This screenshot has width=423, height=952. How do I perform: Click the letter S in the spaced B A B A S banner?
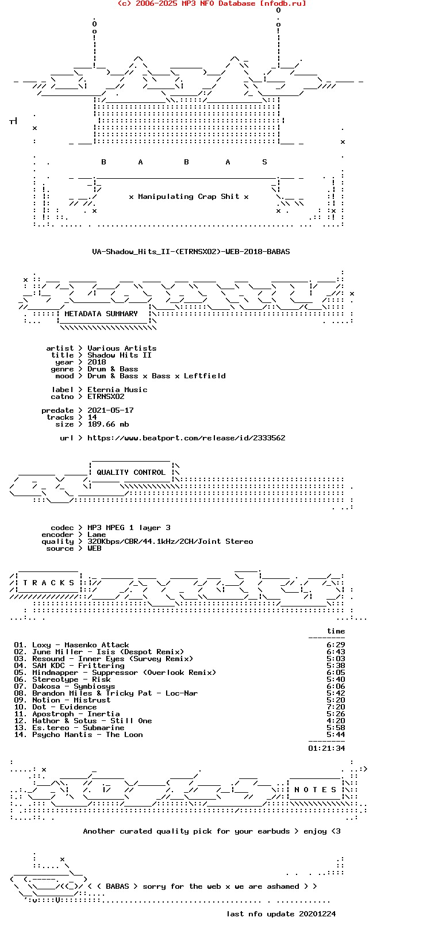[x=264, y=162]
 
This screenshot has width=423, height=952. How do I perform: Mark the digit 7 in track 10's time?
[x=329, y=707]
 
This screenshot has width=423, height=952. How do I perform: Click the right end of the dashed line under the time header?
[x=345, y=638]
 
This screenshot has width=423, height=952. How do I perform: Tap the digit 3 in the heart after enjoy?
[x=338, y=831]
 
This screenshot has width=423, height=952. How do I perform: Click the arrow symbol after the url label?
[x=80, y=437]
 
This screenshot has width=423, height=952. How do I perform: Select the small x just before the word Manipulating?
[x=131, y=197]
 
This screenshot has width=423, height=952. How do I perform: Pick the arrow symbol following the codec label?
[x=80, y=527]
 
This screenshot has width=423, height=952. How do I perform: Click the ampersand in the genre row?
[x=113, y=369]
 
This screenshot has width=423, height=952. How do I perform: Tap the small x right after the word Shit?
[x=247, y=197]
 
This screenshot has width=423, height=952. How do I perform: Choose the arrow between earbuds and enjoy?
[x=297, y=831]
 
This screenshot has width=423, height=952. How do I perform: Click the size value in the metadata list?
[x=108, y=424]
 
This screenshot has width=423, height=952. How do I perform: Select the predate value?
[x=110, y=410]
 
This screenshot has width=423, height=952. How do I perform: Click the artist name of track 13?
[x=51, y=728]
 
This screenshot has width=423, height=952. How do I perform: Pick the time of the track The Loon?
[x=336, y=734]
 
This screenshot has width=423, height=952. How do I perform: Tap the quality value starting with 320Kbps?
[x=170, y=542]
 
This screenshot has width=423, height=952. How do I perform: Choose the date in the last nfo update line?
[x=317, y=913]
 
